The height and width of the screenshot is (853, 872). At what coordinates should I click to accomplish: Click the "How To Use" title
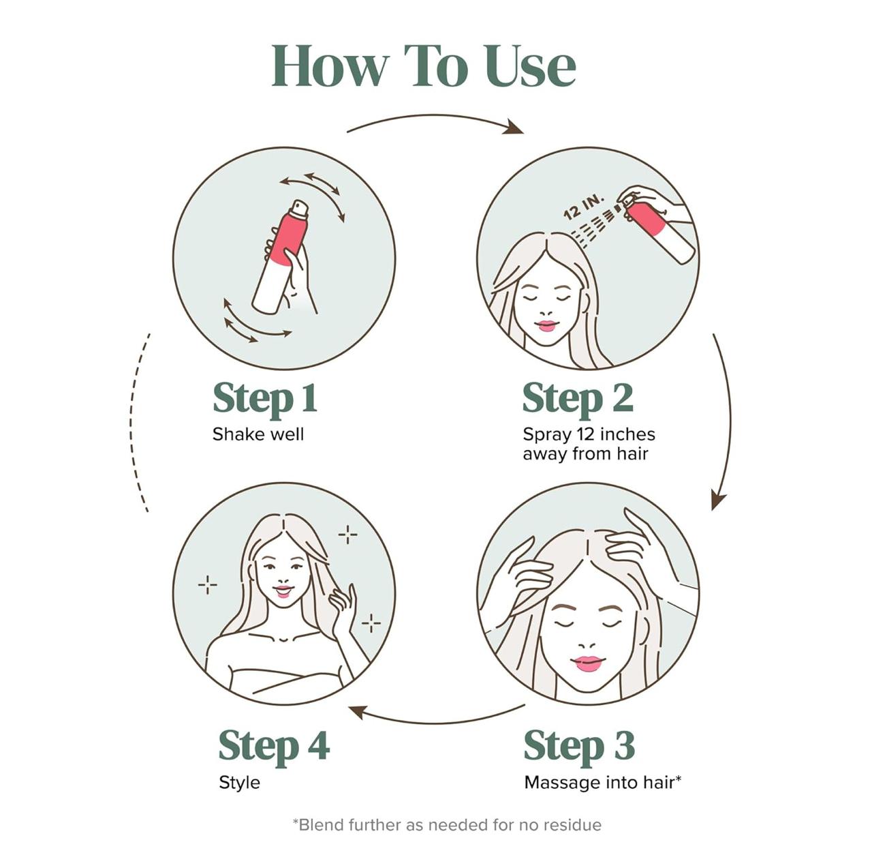424,66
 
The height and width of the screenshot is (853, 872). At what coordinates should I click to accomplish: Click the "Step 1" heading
265,399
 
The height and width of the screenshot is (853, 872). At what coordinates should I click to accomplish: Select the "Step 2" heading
578,399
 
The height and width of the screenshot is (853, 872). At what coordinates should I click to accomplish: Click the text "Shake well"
258,434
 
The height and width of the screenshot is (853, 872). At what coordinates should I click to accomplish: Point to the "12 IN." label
584,207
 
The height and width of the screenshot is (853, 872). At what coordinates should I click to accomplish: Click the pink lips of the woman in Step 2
546,326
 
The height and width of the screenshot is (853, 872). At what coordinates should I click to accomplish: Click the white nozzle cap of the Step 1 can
299,208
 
